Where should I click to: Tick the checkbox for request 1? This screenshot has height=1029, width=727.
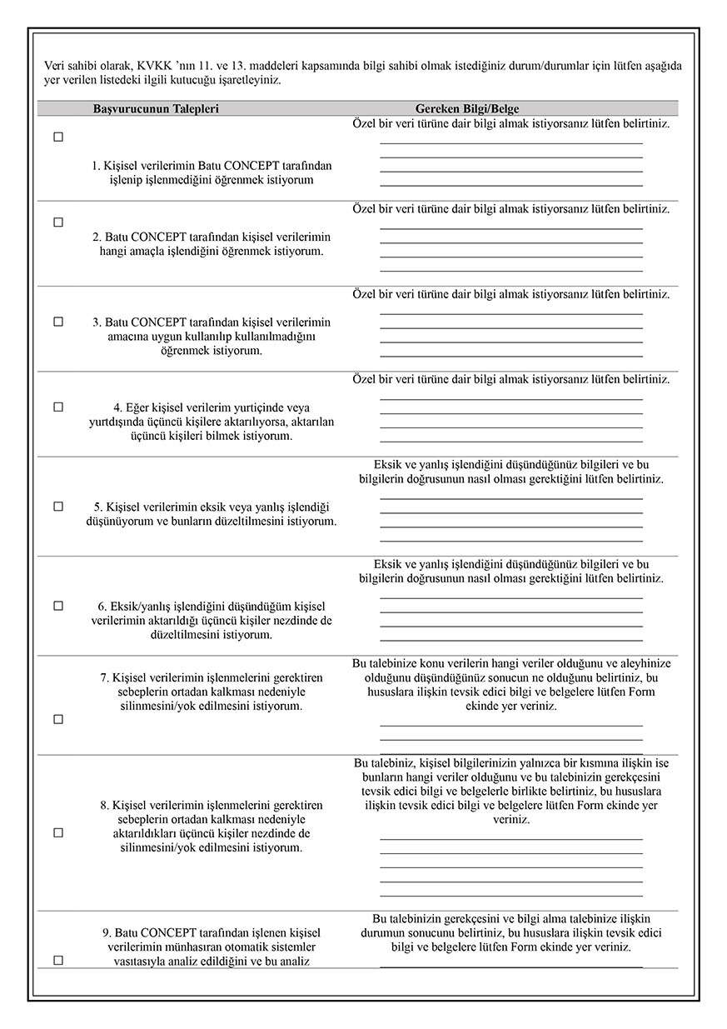tap(58, 137)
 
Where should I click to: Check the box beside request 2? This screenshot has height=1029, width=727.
tap(58, 222)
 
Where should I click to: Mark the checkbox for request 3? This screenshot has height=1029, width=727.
tap(58, 322)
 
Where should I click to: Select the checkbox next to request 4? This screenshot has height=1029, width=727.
tap(58, 407)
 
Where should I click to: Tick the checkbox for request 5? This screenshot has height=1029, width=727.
tap(58, 507)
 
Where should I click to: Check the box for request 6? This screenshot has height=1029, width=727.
tap(58, 607)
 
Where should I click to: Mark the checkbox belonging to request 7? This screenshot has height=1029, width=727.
tap(58, 720)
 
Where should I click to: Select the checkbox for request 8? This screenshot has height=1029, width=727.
tap(58, 833)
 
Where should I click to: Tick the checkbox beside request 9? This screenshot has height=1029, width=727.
tap(58, 961)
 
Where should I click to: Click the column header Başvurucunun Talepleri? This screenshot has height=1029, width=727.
tap(156, 109)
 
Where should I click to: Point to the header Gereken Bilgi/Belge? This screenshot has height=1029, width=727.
tap(467, 109)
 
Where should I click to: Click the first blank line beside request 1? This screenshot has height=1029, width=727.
tap(510, 143)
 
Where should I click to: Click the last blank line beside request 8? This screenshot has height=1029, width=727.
tap(510, 896)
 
